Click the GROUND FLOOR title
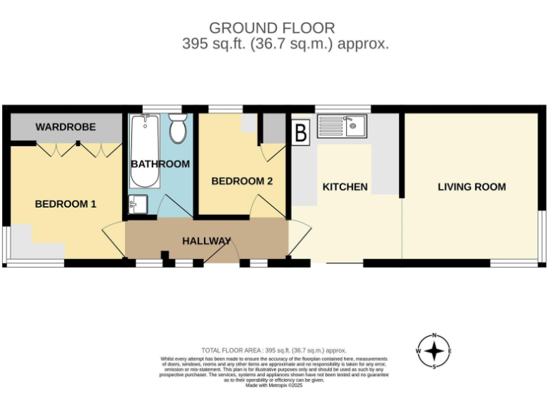[x=271, y=28]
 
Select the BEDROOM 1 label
[x=66, y=204]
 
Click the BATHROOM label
[x=160, y=164]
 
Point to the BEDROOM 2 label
[x=242, y=181]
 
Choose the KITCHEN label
[x=345, y=187]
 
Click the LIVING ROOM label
[x=472, y=187]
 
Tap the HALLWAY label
[x=206, y=241]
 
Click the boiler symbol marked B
[x=301, y=132]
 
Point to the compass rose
[x=434, y=351]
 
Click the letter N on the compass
[x=434, y=336]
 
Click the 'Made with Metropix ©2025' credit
[x=274, y=385]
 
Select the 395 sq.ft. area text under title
[x=285, y=44]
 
